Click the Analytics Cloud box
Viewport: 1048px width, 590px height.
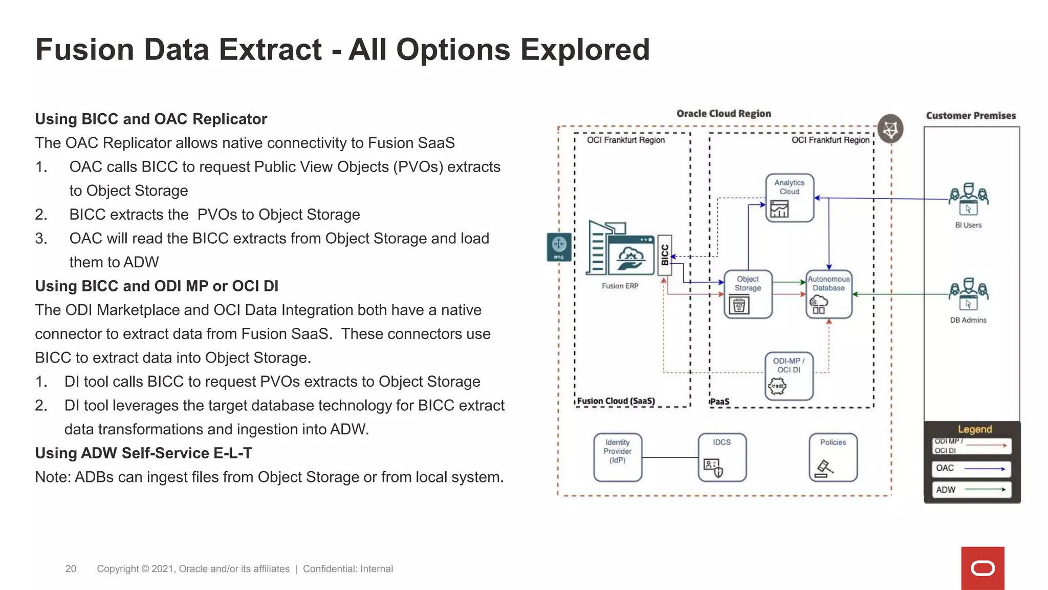(x=789, y=198)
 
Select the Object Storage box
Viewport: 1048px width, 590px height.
(x=748, y=294)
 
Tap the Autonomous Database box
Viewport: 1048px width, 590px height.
(x=828, y=294)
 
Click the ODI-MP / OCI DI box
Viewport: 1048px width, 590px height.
(x=789, y=376)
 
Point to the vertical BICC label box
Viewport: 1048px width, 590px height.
(x=664, y=255)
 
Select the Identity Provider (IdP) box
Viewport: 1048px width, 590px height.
(x=618, y=457)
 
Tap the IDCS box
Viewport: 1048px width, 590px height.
(x=722, y=457)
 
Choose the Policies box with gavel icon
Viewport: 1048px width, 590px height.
(x=833, y=457)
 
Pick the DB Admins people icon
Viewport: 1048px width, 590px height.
(x=968, y=294)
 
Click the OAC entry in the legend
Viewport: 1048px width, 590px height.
(x=971, y=468)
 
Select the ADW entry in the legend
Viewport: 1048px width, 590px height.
(x=971, y=490)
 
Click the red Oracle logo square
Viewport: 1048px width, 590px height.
(x=982, y=568)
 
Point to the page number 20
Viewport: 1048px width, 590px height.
(x=71, y=569)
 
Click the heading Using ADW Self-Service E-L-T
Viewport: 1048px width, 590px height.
(x=143, y=453)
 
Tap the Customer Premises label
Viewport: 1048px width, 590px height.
(x=970, y=116)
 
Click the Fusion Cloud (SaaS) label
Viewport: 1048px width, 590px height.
(x=616, y=401)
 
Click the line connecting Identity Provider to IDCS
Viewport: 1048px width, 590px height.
(x=670, y=457)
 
